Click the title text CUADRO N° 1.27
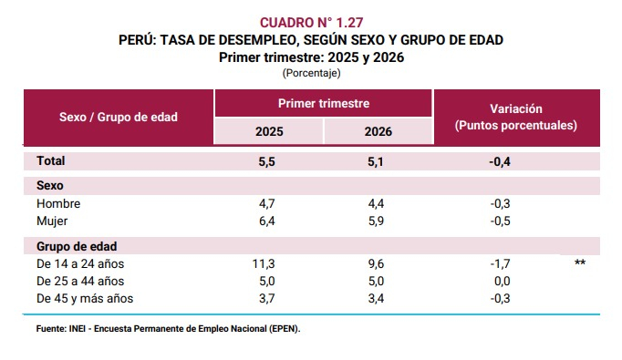point(311,23)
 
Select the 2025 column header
point(269,131)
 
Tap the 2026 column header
point(378,131)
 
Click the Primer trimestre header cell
point(324,104)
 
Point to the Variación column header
point(515,117)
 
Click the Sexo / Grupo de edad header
point(119,117)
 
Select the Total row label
point(50,160)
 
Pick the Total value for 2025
point(266,161)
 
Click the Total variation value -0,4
point(500,161)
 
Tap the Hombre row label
point(58,203)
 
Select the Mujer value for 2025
point(266,221)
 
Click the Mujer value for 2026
point(376,221)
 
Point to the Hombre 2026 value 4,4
point(376,203)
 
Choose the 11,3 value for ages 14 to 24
point(264,263)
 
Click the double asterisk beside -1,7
point(580,262)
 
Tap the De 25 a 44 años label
point(80,281)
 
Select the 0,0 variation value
point(502,281)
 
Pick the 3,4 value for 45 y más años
point(376,298)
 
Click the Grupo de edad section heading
point(77,246)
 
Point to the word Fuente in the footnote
point(51,329)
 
